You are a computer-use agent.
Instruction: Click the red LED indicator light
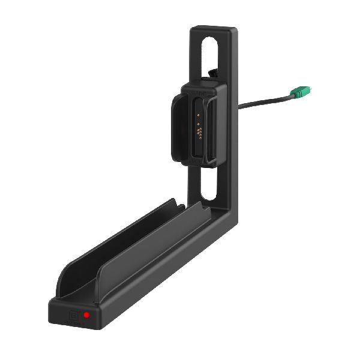pos(87,314)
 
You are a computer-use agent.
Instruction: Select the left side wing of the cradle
pos(178,127)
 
